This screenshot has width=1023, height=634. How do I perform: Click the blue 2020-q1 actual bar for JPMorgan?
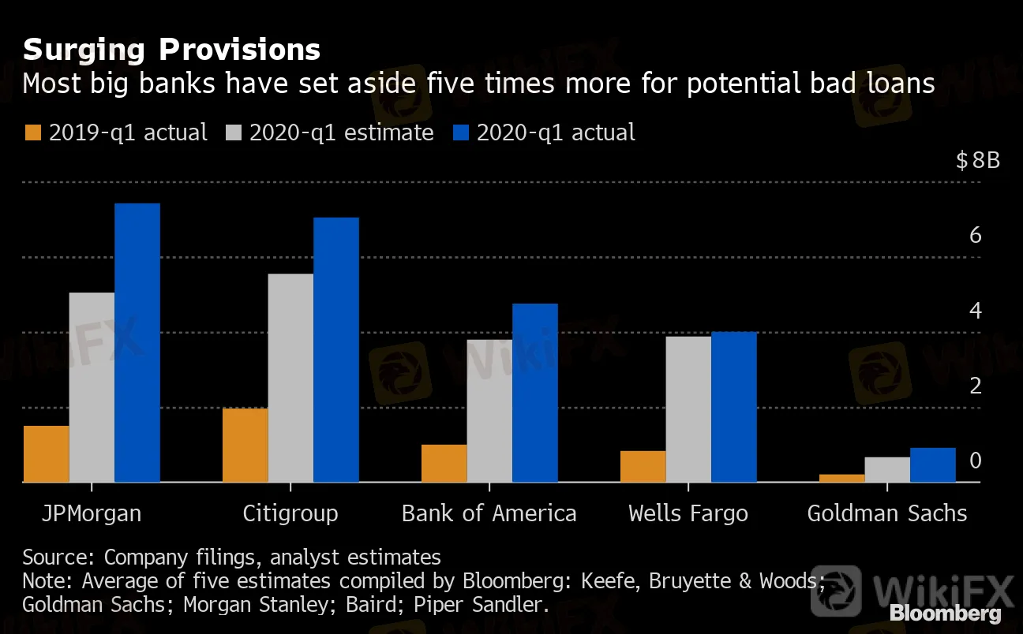pos(137,342)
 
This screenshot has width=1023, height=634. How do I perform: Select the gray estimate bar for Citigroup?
pos(290,378)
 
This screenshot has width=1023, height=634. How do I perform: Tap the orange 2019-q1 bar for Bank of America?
pos(444,463)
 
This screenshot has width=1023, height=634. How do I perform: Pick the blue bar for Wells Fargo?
pos(734,407)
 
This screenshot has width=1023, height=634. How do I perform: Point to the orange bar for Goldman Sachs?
pos(841,478)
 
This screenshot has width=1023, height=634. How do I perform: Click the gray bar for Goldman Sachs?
pos(887,469)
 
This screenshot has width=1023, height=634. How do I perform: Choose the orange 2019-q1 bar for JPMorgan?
pos(46,454)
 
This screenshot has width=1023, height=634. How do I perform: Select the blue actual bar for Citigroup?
pos(336,350)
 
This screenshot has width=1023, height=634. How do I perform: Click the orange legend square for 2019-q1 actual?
pos(33,132)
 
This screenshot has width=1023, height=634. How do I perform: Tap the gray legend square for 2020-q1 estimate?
pos(234,132)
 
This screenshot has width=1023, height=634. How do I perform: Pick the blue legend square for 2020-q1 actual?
pos(461,132)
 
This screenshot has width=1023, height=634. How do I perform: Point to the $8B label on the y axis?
pos(978,161)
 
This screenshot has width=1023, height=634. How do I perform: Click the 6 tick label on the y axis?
pos(975,235)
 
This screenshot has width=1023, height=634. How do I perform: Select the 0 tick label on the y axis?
pos(975,461)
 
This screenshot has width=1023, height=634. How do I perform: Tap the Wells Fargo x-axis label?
pos(688,514)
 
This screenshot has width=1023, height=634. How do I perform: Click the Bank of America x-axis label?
pos(489,513)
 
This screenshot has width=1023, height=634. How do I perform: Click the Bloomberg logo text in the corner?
pos(946,613)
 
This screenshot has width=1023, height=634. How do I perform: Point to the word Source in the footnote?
pos(58,558)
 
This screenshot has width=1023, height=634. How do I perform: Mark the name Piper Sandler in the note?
pos(481,605)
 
